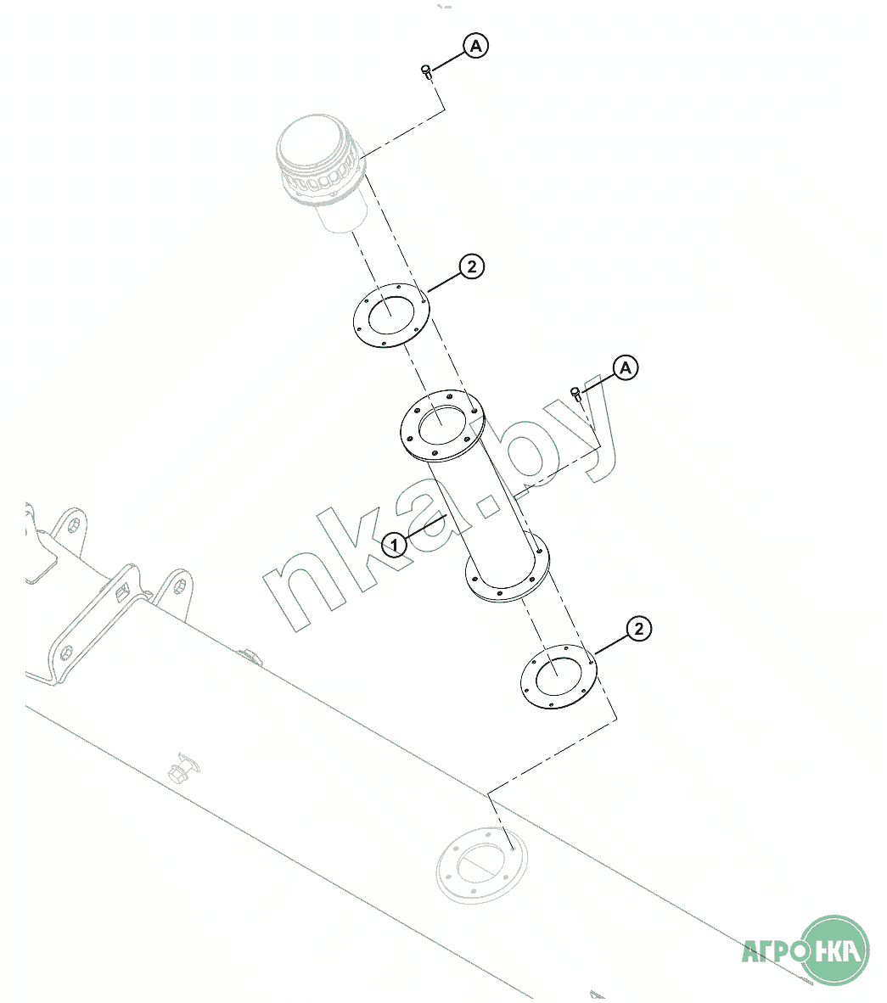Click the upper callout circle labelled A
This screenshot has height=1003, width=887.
475,46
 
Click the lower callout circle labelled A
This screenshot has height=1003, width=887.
626,368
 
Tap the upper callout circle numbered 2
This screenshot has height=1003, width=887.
471,266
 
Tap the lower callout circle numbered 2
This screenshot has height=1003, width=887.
638,629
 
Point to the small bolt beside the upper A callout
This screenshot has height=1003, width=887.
427,72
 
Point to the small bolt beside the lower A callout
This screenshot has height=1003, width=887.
576,392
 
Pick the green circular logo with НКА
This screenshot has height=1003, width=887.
836,950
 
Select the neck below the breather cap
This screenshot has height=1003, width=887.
340,216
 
